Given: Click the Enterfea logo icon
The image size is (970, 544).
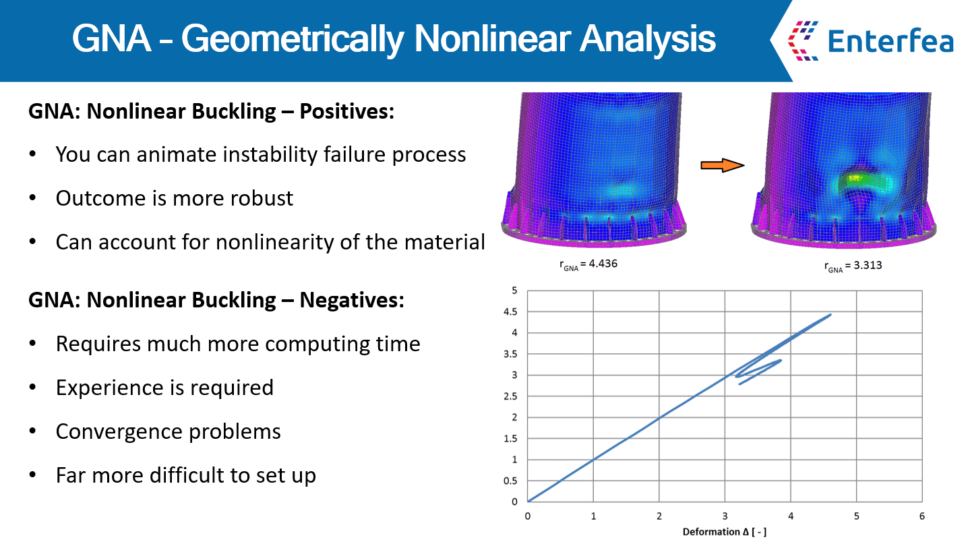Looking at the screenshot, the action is [x=803, y=40].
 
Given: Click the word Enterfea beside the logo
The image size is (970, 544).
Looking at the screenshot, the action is [x=890, y=41].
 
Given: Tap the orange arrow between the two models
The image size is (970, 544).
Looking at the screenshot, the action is [x=723, y=165].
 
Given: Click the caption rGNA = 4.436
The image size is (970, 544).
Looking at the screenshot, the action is [x=588, y=264].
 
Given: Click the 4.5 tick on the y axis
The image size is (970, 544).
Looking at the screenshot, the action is [x=510, y=312].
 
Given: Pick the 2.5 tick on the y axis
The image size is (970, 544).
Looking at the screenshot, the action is [x=510, y=396].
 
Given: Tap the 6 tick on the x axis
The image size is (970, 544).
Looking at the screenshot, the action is [x=922, y=516].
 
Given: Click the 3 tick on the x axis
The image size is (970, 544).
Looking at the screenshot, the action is [x=725, y=516].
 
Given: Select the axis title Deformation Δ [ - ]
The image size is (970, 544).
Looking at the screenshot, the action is [x=725, y=532].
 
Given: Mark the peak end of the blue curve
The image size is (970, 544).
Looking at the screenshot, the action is [x=830, y=314].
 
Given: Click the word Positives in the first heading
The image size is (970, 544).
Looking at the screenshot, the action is [x=347, y=111].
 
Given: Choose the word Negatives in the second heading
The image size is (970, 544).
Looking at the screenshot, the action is [x=352, y=300].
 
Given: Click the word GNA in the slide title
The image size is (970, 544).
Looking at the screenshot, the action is [x=112, y=39].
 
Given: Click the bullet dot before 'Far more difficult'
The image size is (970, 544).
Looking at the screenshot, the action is [x=32, y=475].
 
